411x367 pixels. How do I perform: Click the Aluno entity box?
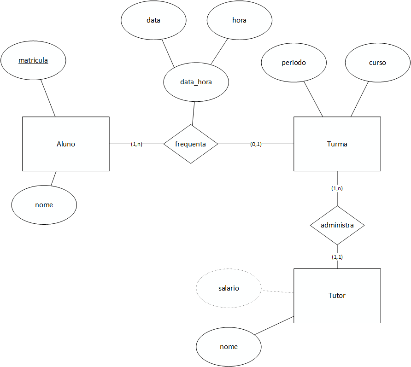pyautogui.click(x=66, y=144)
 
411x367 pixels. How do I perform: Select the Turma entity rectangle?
pyautogui.click(x=337, y=144)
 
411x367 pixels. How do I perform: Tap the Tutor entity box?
pyautogui.click(x=337, y=296)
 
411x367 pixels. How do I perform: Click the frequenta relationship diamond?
pyautogui.click(x=190, y=144)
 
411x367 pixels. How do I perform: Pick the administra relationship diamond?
pyautogui.click(x=337, y=225)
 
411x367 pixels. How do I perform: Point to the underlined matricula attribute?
pyautogui.click(x=33, y=60)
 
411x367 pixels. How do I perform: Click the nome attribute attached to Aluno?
pyautogui.click(x=44, y=205)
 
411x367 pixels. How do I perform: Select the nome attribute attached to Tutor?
pyautogui.click(x=229, y=346)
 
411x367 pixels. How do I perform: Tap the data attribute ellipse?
pyautogui.click(x=153, y=20)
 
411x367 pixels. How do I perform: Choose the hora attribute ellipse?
pyautogui.click(x=240, y=20)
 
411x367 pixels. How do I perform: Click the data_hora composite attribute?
pyautogui.click(x=196, y=82)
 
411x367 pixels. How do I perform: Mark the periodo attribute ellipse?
pyautogui.click(x=294, y=63)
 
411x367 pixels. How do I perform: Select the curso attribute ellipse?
pyautogui.click(x=377, y=63)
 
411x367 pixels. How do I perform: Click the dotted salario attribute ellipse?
pyautogui.click(x=229, y=288)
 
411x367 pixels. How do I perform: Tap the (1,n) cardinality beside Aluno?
pyautogui.click(x=136, y=144)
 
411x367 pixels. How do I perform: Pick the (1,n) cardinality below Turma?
pyautogui.click(x=337, y=188)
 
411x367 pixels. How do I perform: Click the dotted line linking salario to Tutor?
pyautogui.click(x=277, y=291)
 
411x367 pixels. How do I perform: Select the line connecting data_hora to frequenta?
pyautogui.click(x=194, y=113)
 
